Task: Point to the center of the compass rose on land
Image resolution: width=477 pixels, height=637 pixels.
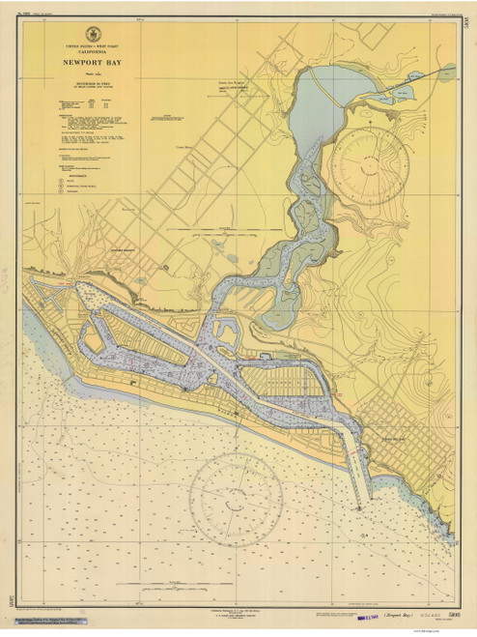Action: [368, 166]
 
